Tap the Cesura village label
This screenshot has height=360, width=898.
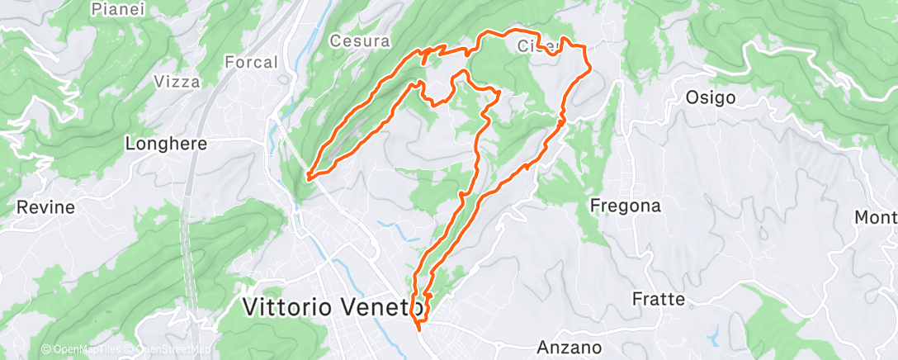click(359, 40)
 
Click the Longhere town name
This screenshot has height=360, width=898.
click(165, 143)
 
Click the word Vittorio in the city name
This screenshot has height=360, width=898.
click(288, 308)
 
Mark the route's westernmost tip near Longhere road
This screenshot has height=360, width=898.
click(309, 176)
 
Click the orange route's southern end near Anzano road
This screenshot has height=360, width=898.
click(419, 329)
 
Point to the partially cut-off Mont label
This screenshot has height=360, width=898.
click(876, 217)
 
